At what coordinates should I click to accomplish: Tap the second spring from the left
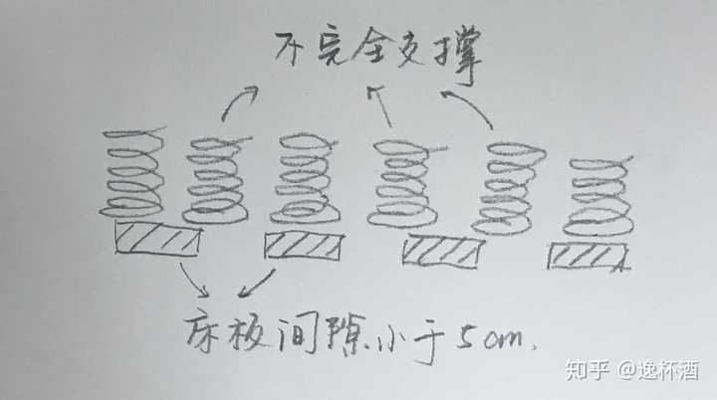click(x=214, y=179)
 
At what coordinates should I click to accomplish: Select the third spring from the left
click(x=305, y=179)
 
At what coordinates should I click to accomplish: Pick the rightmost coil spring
click(x=599, y=194)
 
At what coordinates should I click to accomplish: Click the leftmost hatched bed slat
click(x=158, y=239)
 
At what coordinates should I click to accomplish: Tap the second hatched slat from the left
click(x=303, y=246)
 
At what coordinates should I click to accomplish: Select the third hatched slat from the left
click(x=443, y=253)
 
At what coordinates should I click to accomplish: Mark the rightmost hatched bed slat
click(x=588, y=257)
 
